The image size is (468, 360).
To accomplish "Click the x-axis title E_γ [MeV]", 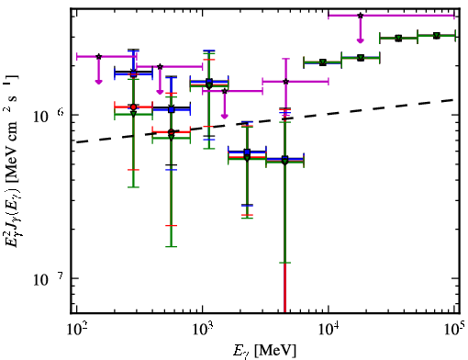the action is [x=264, y=351].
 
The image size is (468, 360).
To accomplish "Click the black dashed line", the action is [x=265, y=121].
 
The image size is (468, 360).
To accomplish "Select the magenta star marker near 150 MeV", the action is [x=98, y=57].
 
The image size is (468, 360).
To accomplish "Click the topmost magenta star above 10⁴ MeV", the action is [x=361, y=16].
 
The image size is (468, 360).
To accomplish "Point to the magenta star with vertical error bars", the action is [x=285, y=82].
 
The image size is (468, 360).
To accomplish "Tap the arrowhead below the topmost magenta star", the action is [x=361, y=40].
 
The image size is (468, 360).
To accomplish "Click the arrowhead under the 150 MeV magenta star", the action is [x=98, y=82].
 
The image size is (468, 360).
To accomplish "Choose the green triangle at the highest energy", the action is [x=437, y=36].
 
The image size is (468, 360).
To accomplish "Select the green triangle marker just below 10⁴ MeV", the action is [x=322, y=62].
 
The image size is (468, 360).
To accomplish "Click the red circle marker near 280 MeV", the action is [x=133, y=107].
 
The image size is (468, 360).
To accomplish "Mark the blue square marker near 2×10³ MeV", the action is [x=247, y=152].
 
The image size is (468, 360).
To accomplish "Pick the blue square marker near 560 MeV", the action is [x=172, y=109].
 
